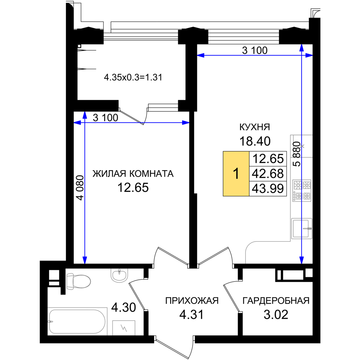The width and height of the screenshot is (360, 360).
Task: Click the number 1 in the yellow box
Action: (x=236, y=174)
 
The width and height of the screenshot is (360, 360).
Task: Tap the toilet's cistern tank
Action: (x=68, y=281)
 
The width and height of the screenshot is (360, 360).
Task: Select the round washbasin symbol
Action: (x=120, y=276)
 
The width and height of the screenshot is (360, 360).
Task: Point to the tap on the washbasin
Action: (x=120, y=271)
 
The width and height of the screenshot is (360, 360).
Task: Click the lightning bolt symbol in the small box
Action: (x=124, y=328)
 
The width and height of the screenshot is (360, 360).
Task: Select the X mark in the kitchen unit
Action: (x=302, y=146)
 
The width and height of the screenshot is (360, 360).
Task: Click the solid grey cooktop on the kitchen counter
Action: (x=301, y=190)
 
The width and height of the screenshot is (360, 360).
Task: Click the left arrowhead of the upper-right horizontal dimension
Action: (x=200, y=55)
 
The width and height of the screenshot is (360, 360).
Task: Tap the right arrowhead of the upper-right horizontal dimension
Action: (x=309, y=55)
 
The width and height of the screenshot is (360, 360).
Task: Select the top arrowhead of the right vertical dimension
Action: (x=301, y=48)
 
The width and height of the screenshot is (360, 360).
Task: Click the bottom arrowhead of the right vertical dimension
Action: (x=301, y=260)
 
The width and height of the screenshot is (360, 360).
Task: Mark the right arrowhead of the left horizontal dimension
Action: (x=186, y=123)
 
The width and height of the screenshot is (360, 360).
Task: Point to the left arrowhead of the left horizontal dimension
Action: (x=77, y=123)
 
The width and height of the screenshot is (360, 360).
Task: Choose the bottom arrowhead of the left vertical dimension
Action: (x=85, y=260)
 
